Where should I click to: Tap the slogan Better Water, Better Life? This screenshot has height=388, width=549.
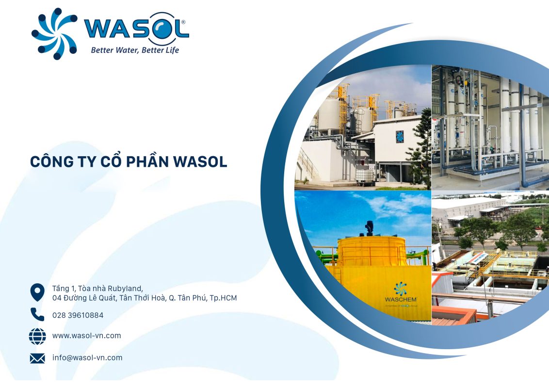[135, 50]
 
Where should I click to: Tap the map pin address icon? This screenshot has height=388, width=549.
[37, 292]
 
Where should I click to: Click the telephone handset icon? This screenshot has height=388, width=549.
[37, 315]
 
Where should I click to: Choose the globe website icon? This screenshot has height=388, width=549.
[37, 336]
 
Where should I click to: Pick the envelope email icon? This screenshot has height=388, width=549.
[37, 358]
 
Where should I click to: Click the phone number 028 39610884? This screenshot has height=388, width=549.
[78, 315]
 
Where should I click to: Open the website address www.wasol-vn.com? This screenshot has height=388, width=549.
[86, 336]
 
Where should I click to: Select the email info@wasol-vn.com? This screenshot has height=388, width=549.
[87, 358]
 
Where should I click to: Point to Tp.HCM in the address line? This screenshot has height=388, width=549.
[223, 298]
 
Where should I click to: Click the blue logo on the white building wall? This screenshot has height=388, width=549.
[400, 136]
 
